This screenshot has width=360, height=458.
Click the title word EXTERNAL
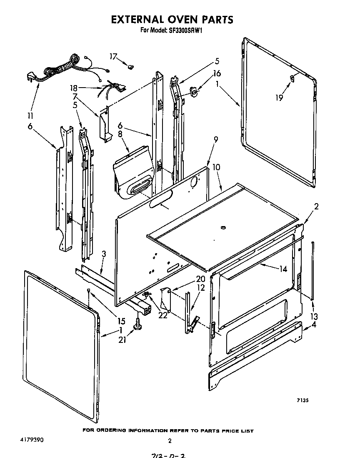(138, 20)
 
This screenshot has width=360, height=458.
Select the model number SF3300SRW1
(185, 30)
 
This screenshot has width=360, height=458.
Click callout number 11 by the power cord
(30, 116)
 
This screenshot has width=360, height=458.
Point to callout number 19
(279, 98)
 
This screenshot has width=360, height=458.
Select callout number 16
(217, 73)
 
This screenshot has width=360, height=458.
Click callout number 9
(215, 141)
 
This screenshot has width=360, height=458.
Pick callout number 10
(217, 167)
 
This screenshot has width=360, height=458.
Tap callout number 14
(283, 269)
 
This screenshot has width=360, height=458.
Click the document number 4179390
(31, 440)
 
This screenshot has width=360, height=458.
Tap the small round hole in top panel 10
(223, 227)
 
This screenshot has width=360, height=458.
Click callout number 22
(162, 315)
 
